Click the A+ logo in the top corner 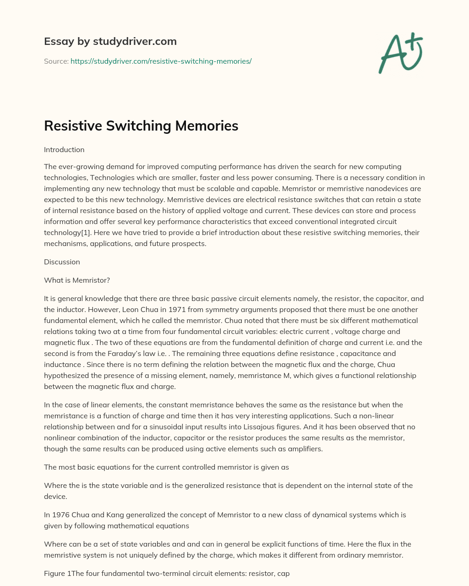pyautogui.click(x=400, y=53)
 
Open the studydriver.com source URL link pyautogui.click(x=161, y=61)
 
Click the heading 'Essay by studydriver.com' pyautogui.click(x=110, y=41)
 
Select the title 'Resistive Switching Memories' pyautogui.click(x=141, y=126)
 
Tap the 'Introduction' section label pyautogui.click(x=64, y=150)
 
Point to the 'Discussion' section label pyautogui.click(x=62, y=262)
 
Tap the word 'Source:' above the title pyautogui.click(x=56, y=61)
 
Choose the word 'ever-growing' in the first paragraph pyautogui.click(x=78, y=167)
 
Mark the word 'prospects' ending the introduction pyautogui.click(x=190, y=244)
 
